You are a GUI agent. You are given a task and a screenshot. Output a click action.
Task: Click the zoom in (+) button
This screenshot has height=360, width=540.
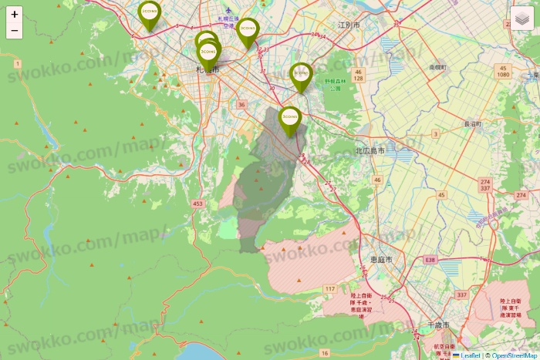tap(15, 14)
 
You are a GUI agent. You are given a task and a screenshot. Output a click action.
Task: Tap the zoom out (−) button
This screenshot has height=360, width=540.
tap(15, 31)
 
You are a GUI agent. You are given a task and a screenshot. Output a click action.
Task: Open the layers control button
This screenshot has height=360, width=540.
tap(522, 19)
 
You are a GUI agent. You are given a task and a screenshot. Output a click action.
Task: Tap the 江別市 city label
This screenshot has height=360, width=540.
tap(349, 25)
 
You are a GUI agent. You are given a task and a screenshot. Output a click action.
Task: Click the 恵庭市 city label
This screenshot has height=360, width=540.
tap(381, 260)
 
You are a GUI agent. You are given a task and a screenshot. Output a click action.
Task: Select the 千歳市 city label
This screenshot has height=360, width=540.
tap(438, 325)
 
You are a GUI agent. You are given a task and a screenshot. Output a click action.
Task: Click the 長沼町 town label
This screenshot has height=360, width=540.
tap(472, 123)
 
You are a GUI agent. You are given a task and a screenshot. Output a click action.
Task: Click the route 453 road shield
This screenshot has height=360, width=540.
tap(198, 204)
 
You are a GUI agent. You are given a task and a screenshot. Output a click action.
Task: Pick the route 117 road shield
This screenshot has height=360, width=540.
tap(330, 288)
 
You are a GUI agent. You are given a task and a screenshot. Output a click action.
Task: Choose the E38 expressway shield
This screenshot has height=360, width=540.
tap(430, 261)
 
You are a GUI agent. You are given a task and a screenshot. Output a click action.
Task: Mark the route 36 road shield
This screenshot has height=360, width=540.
tap(241, 105)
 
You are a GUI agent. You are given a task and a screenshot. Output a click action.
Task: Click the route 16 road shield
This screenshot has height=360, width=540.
tap(325, 352)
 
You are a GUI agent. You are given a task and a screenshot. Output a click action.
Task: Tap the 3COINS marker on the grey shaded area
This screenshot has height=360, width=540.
tap(290, 119)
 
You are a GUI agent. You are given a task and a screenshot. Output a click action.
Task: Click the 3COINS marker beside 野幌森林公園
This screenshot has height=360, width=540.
tap(301, 76)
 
